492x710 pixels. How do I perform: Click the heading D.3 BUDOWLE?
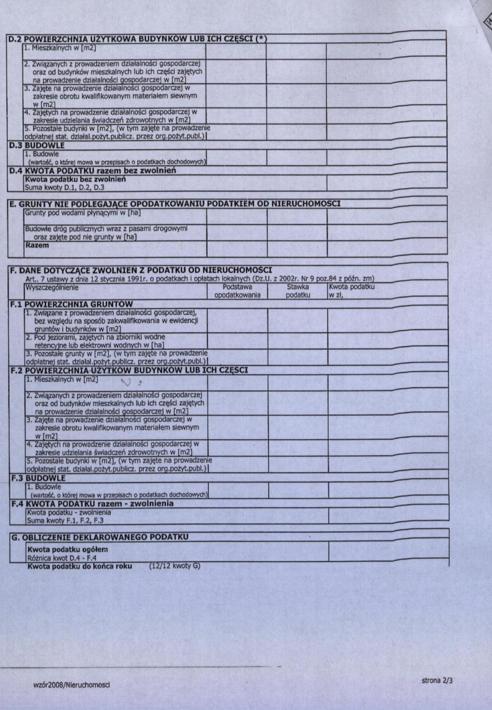37,145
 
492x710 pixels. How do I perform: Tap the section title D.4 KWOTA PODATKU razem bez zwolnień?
92,171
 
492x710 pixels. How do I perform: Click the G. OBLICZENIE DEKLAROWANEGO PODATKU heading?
99,537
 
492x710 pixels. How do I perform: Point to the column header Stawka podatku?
298,291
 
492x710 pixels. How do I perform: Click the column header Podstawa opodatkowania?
237,291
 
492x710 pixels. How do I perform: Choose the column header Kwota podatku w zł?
351,291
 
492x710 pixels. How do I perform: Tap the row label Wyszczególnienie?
52,287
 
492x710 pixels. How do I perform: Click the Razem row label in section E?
37,245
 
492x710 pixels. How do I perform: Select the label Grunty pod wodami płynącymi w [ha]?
82,213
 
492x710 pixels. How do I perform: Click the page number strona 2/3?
437,680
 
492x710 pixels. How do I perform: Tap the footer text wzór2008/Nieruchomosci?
71,685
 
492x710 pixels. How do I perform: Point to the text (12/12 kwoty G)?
174,566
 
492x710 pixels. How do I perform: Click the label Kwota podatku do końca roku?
80,566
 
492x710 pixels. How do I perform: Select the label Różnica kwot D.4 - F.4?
62,558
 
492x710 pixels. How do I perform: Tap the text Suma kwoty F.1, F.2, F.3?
65,520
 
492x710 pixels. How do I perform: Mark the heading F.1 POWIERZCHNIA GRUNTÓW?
71,305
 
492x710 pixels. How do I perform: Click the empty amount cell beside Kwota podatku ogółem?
388,552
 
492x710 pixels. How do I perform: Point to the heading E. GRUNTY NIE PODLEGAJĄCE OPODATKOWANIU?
175,204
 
